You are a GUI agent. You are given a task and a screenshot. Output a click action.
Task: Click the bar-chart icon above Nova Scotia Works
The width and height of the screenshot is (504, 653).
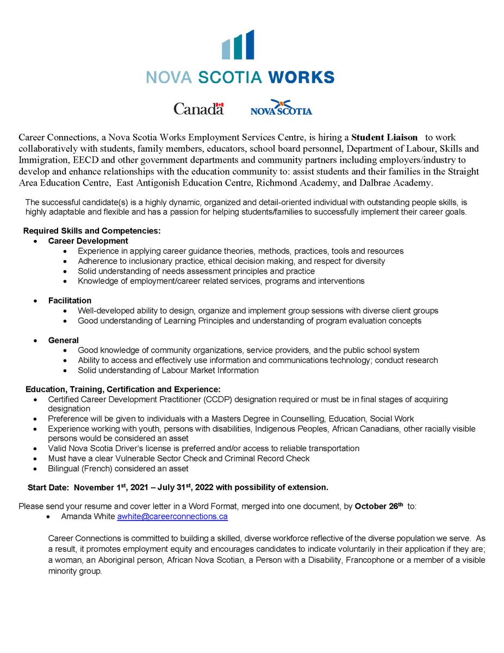coord(238,45)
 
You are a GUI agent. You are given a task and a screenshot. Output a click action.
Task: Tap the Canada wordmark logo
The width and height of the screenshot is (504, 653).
coord(198,109)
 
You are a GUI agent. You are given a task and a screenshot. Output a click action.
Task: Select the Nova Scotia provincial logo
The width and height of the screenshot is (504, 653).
coord(281,108)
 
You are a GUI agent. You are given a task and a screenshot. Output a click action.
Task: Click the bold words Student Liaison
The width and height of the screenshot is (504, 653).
coord(384,137)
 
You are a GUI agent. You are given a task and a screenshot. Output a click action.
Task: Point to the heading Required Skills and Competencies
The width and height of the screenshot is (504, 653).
coord(92,231)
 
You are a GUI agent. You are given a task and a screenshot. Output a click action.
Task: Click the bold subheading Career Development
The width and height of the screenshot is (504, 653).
coord(88,241)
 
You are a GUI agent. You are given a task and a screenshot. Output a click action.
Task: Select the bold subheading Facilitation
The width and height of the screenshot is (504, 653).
coord(70,300)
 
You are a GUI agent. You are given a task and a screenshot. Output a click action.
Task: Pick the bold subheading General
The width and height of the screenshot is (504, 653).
coord(63,340)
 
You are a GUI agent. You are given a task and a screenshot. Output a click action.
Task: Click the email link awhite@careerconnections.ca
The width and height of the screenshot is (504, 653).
coord(172,516)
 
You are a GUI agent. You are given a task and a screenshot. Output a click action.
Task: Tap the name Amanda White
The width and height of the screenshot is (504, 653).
coord(88,516)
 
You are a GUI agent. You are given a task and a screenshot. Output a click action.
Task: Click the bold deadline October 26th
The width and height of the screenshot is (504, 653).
coord(379,506)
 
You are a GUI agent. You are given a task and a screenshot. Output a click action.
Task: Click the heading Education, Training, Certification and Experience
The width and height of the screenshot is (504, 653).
coord(123,389)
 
